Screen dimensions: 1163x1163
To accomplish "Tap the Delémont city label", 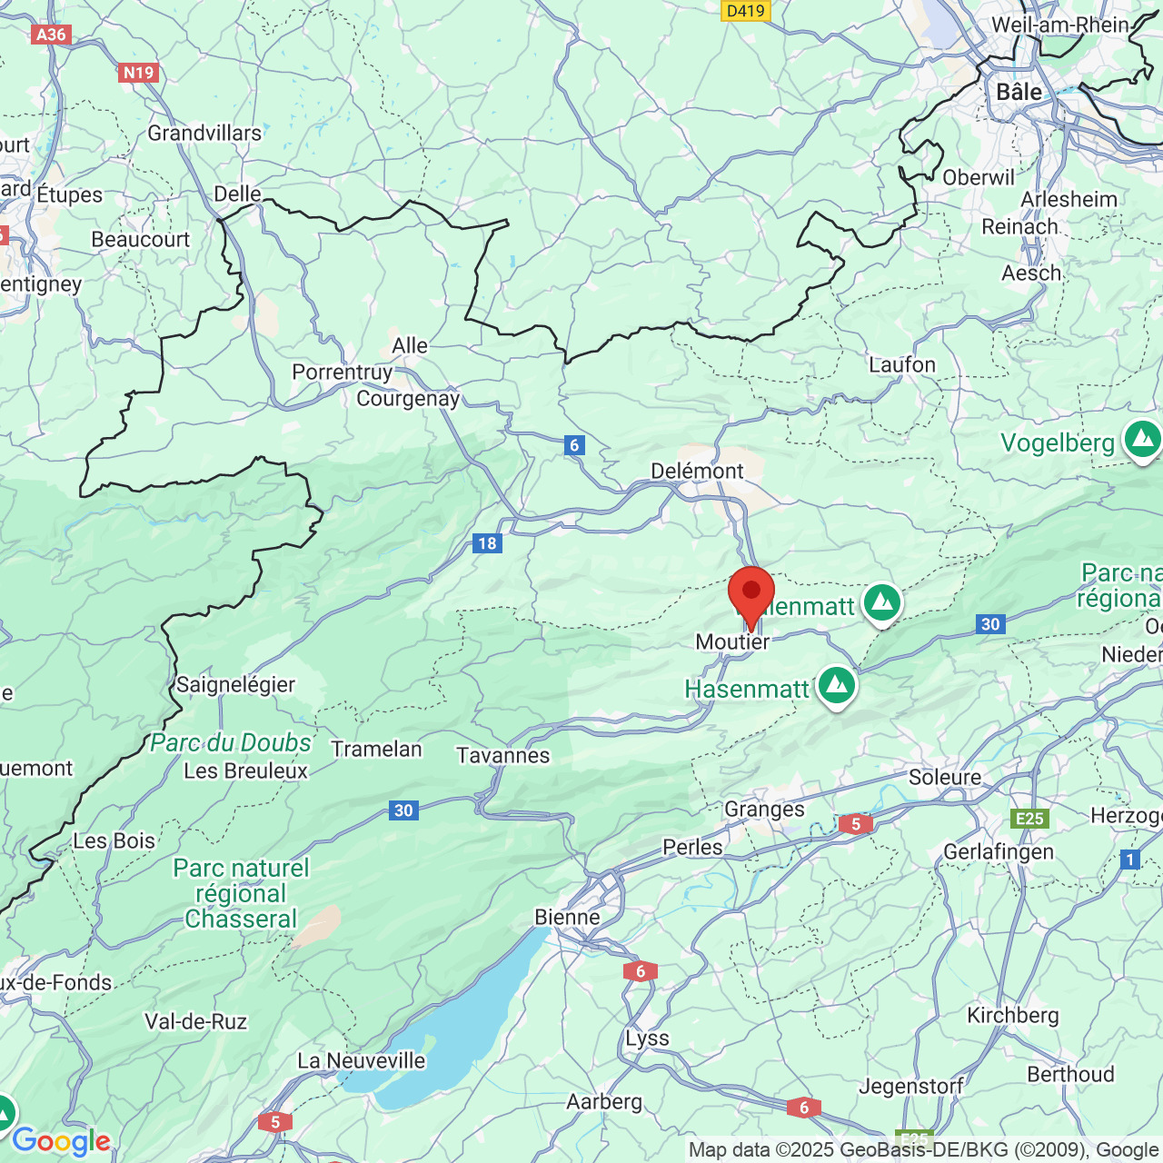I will pyautogui.click(x=697, y=471).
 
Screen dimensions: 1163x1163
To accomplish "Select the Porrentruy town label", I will pyautogui.click(x=342, y=373).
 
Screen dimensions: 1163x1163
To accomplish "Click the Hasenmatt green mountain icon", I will pyautogui.click(x=836, y=685).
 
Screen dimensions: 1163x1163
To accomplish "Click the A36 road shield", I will pyautogui.click(x=51, y=35).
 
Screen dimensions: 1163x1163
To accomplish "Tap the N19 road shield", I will pyautogui.click(x=138, y=73).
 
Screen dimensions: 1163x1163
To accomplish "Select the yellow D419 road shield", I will pyautogui.click(x=746, y=11).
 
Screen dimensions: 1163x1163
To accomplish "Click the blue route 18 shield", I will pyautogui.click(x=487, y=543).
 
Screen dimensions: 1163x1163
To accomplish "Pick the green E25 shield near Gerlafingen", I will pyautogui.click(x=1029, y=819).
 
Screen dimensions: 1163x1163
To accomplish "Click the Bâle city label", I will pyautogui.click(x=1019, y=93).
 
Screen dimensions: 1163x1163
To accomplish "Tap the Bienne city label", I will pyautogui.click(x=567, y=918).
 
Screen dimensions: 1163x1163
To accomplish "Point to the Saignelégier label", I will pyautogui.click(x=235, y=684).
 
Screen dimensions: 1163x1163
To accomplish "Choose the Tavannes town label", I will pyautogui.click(x=503, y=756).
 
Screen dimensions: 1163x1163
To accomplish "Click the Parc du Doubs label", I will pyautogui.click(x=231, y=743).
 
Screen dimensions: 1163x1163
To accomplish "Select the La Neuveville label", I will pyautogui.click(x=361, y=1060).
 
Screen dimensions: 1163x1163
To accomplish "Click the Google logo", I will pyautogui.click(x=61, y=1141).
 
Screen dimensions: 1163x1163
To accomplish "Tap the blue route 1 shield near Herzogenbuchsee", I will pyautogui.click(x=1129, y=859).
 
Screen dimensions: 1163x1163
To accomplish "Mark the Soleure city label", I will pyautogui.click(x=945, y=778).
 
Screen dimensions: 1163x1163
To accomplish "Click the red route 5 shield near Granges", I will pyautogui.click(x=855, y=824).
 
